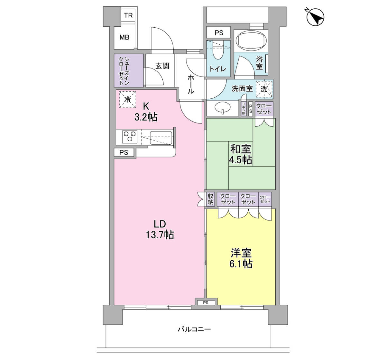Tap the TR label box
(x=128, y=15)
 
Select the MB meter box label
(x=124, y=37)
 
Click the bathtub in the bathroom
(x=251, y=41)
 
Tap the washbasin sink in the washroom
(x=223, y=107)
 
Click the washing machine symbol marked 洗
(x=264, y=89)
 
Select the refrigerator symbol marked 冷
(x=127, y=99)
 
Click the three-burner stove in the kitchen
(x=130, y=137)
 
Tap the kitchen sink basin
(x=161, y=138)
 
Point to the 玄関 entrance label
(x=162, y=66)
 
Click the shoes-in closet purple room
(x=129, y=70)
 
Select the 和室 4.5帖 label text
(x=241, y=155)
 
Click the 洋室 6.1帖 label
(x=241, y=258)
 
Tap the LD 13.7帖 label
(x=160, y=230)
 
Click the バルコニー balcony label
(x=194, y=329)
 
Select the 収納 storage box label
(x=210, y=199)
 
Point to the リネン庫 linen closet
(x=244, y=109)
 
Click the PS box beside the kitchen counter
(x=124, y=152)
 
